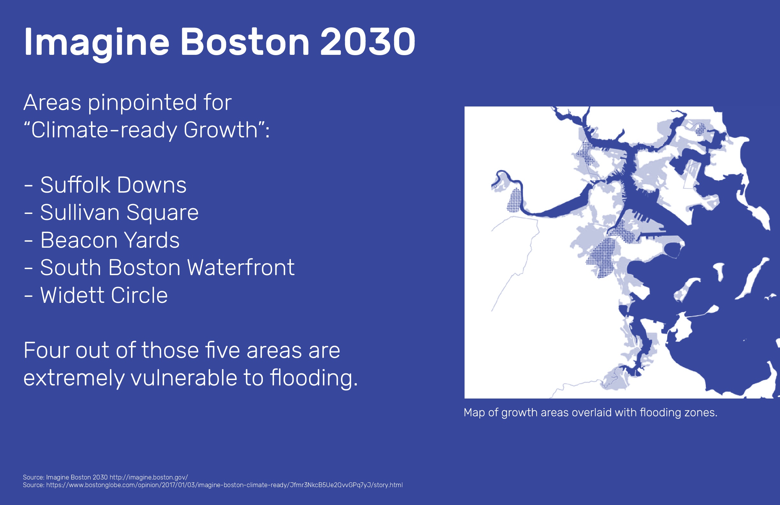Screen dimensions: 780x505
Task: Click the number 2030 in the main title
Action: coord(368,42)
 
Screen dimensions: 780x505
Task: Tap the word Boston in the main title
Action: coord(245,42)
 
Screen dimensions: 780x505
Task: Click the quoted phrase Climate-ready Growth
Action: coord(144,130)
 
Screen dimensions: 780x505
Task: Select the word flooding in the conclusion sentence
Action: coord(313,378)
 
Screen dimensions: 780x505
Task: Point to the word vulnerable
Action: coord(184,378)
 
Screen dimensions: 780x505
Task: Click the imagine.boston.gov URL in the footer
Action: coord(148,477)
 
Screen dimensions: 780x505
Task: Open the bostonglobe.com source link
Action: coord(224,485)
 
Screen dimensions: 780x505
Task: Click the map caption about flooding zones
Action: coord(590,413)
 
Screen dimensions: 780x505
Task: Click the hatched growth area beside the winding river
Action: coord(514,200)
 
